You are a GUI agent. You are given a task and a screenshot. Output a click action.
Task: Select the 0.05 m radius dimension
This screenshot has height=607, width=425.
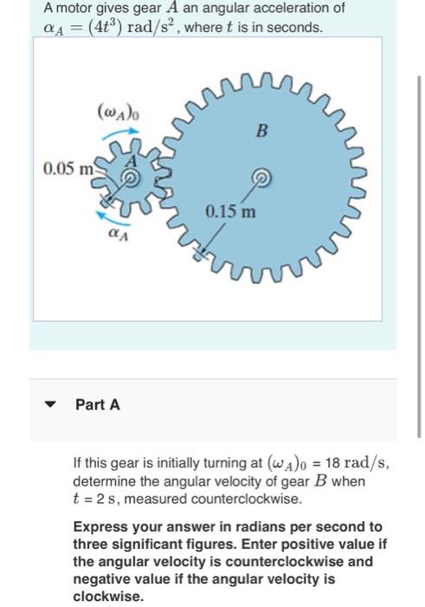[x=67, y=166]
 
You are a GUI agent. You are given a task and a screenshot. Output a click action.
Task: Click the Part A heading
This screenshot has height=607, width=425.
[x=98, y=404]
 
